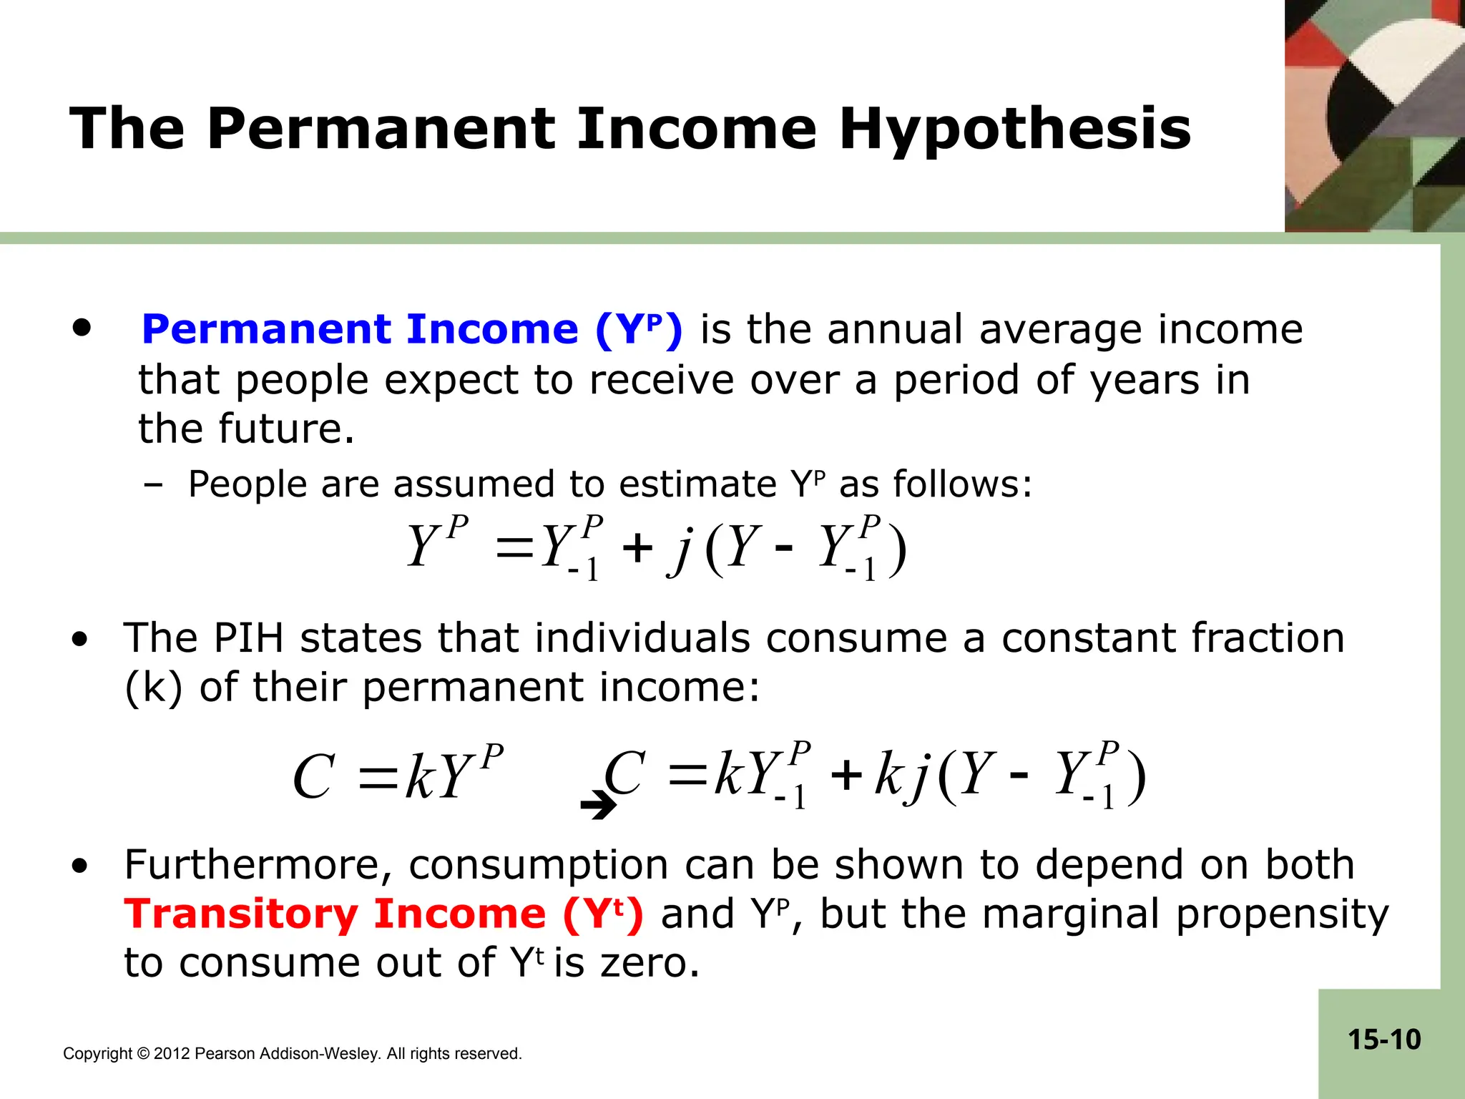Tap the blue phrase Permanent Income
click(x=360, y=330)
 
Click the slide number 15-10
click(x=1384, y=1040)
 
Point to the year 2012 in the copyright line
click(x=172, y=1054)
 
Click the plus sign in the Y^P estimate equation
click(x=637, y=549)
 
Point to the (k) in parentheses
click(x=153, y=688)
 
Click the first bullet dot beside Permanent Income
click(x=82, y=328)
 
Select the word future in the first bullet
click(x=286, y=429)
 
